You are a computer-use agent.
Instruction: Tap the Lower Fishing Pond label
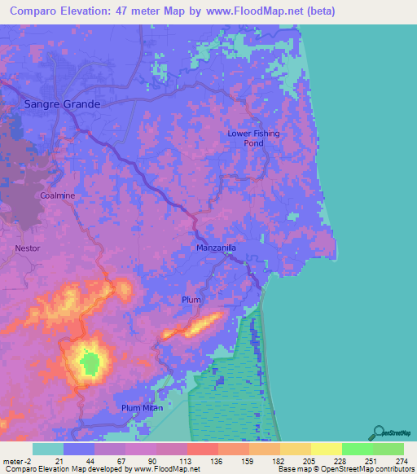tap(253, 138)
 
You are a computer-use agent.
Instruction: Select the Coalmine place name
tap(57, 196)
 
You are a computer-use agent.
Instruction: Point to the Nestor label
tap(27, 248)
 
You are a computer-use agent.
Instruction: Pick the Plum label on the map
tap(191, 300)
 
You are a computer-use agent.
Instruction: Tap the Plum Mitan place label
tap(142, 407)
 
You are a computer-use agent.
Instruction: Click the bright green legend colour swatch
tap(357, 449)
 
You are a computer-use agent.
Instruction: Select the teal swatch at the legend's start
tap(48, 449)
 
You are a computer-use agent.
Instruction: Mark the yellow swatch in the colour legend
tap(326, 449)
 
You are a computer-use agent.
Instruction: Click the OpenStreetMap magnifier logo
tap(379, 432)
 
